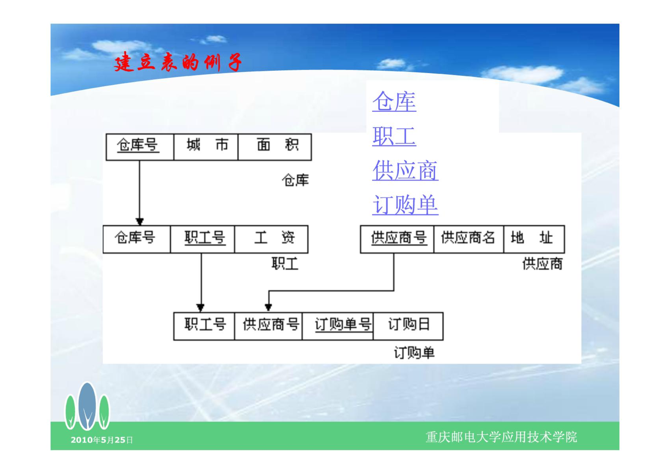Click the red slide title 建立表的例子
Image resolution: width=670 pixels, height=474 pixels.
pyautogui.click(x=178, y=62)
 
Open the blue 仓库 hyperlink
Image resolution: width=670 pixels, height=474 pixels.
pyautogui.click(x=394, y=102)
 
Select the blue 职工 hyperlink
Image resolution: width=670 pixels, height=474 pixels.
pyautogui.click(x=394, y=136)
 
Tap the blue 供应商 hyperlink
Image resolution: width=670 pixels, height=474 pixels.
pyautogui.click(x=405, y=170)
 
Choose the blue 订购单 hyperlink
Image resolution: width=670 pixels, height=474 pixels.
pyautogui.click(x=405, y=205)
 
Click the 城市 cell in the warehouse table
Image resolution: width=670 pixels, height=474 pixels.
pyautogui.click(x=206, y=147)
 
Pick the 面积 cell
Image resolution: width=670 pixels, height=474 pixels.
pyautogui.click(x=275, y=147)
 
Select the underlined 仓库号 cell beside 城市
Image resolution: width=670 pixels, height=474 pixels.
pyautogui.click(x=140, y=147)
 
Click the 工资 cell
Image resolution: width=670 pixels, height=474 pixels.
pyautogui.click(x=271, y=239)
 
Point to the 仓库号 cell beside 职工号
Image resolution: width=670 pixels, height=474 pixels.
pyautogui.click(x=137, y=239)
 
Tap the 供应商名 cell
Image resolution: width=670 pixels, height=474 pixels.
pyautogui.click(x=469, y=239)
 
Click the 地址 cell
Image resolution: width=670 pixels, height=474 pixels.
pyautogui.click(x=534, y=239)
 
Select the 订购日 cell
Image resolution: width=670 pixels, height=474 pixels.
pyautogui.click(x=408, y=326)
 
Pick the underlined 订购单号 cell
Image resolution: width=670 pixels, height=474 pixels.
pyautogui.click(x=338, y=326)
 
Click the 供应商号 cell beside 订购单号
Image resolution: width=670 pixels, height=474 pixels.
pyautogui.click(x=268, y=326)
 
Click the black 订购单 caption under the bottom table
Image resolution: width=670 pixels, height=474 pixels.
pyautogui.click(x=414, y=353)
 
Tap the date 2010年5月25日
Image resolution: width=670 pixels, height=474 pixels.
pyautogui.click(x=101, y=440)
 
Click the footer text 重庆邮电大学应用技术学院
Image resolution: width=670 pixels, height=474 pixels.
pyautogui.click(x=501, y=437)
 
